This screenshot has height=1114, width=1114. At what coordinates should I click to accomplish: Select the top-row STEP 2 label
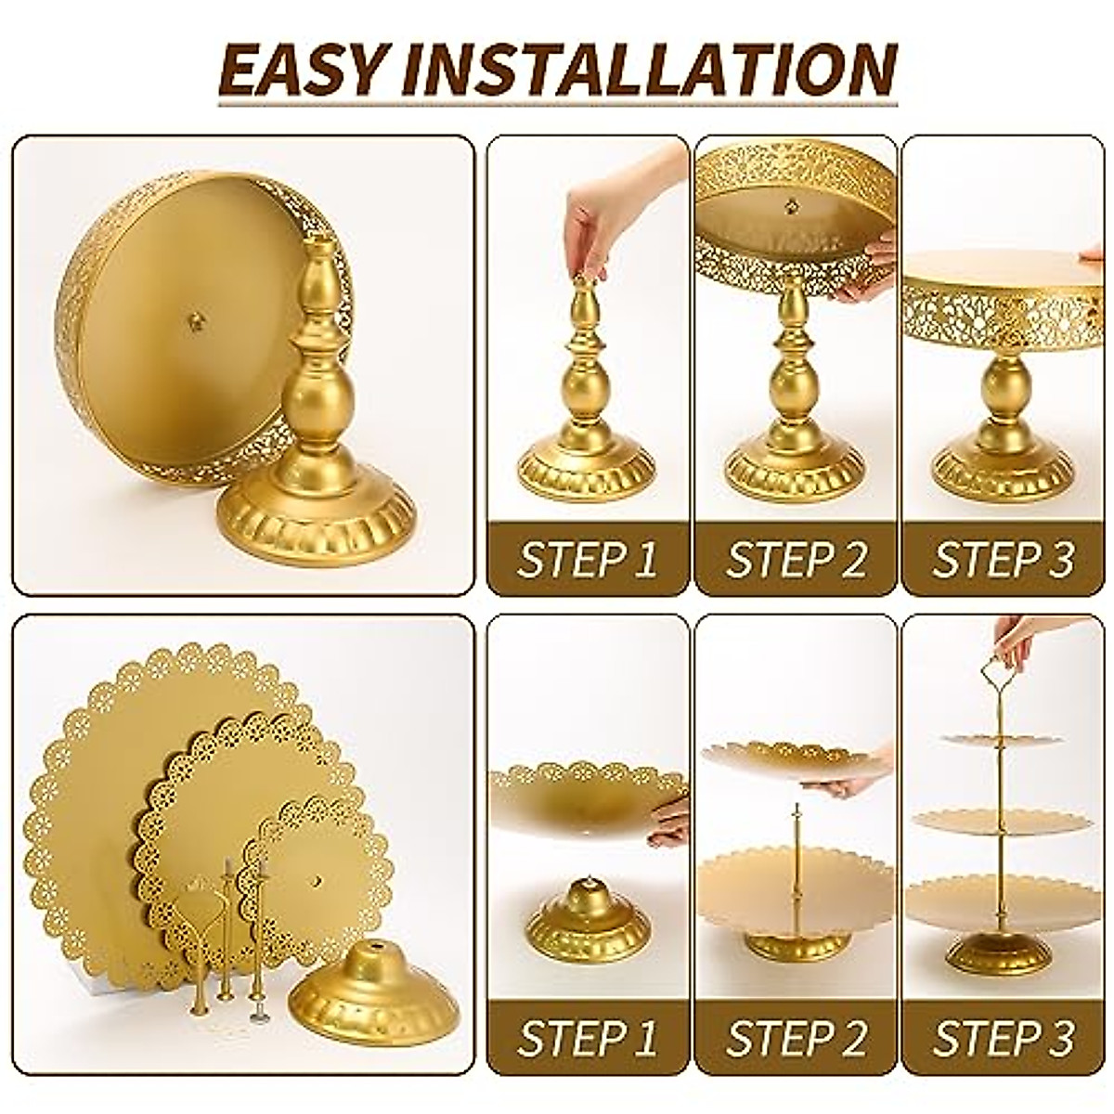click(797, 560)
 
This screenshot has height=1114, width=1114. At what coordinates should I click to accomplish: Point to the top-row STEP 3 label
click(1004, 560)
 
